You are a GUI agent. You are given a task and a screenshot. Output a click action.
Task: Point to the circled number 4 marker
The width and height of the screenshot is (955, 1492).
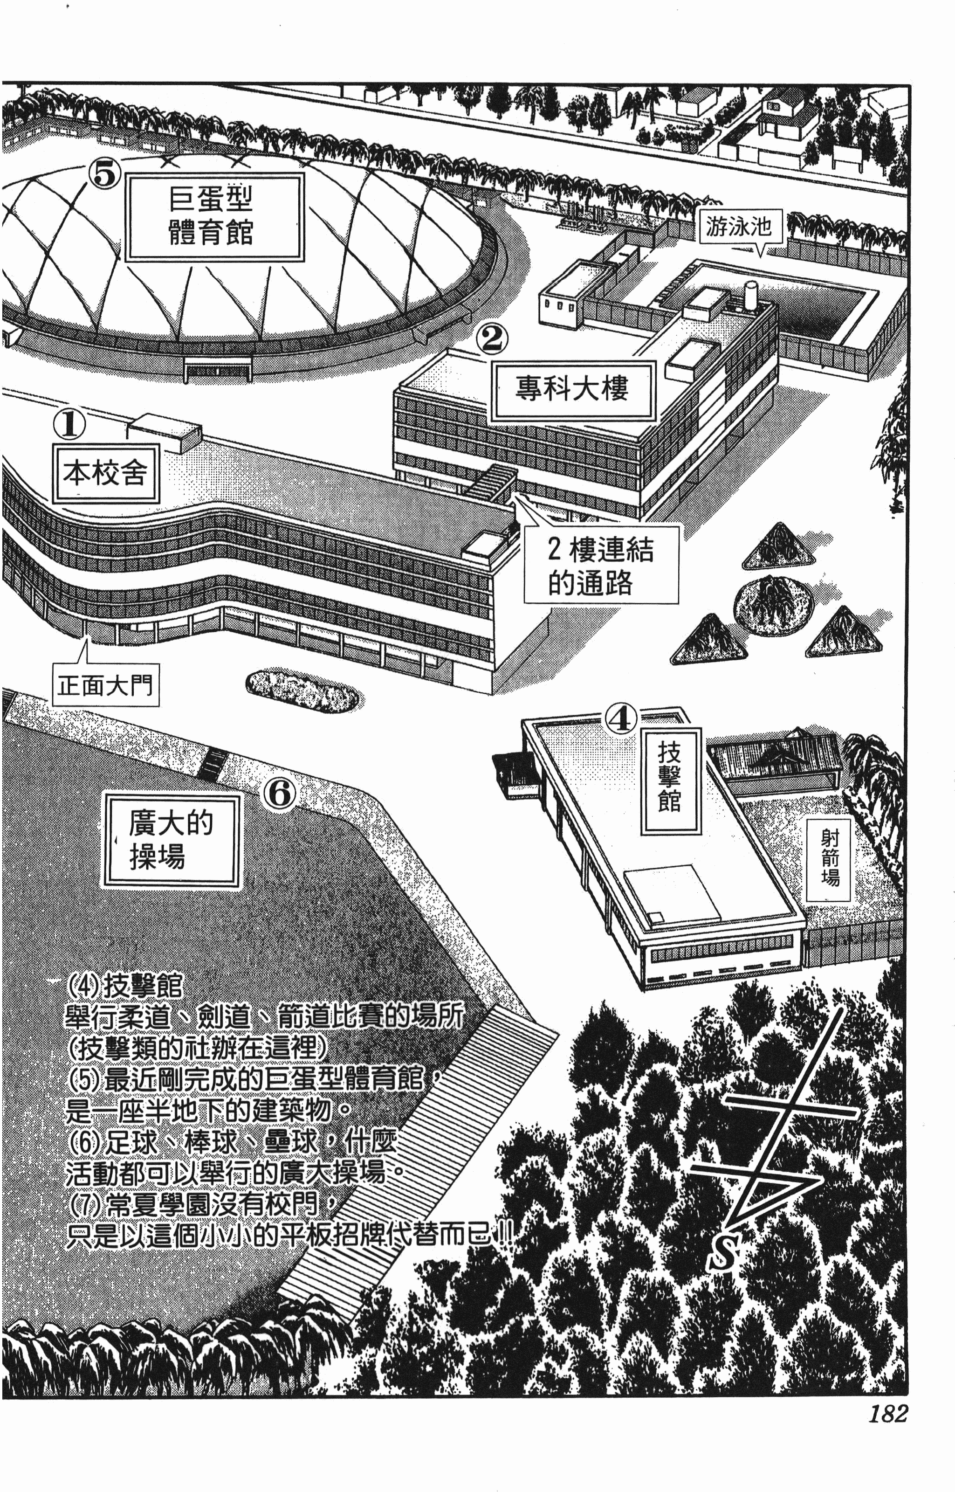click(621, 719)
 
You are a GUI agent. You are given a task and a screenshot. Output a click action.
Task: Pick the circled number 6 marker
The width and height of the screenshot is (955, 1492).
click(280, 794)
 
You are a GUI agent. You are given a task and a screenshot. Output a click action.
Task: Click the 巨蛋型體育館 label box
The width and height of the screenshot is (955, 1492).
click(214, 216)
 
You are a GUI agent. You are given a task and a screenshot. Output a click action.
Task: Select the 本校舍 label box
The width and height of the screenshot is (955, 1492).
click(105, 473)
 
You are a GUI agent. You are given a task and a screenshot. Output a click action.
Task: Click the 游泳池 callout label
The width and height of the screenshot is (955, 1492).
click(738, 227)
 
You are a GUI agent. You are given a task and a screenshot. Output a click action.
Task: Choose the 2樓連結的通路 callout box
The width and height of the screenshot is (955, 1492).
click(600, 565)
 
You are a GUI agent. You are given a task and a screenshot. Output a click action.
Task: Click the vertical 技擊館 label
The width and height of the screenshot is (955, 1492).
click(670, 780)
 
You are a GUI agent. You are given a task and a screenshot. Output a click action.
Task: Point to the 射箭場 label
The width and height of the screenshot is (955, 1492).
click(829, 858)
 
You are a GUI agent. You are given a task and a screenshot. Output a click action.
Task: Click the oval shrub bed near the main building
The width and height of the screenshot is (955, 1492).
click(302, 691)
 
